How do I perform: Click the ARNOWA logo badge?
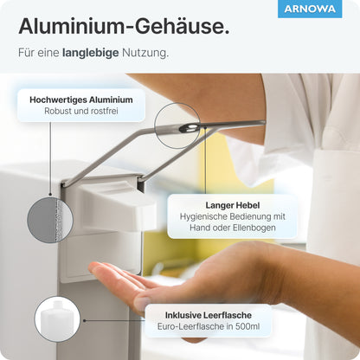pos(310,10)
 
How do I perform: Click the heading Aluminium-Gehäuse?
pos(124,26)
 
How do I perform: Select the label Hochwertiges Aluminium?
pos(81,100)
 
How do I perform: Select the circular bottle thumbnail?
pos(57,318)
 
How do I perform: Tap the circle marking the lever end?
pos(177,127)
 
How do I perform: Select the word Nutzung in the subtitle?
pos(148,53)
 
